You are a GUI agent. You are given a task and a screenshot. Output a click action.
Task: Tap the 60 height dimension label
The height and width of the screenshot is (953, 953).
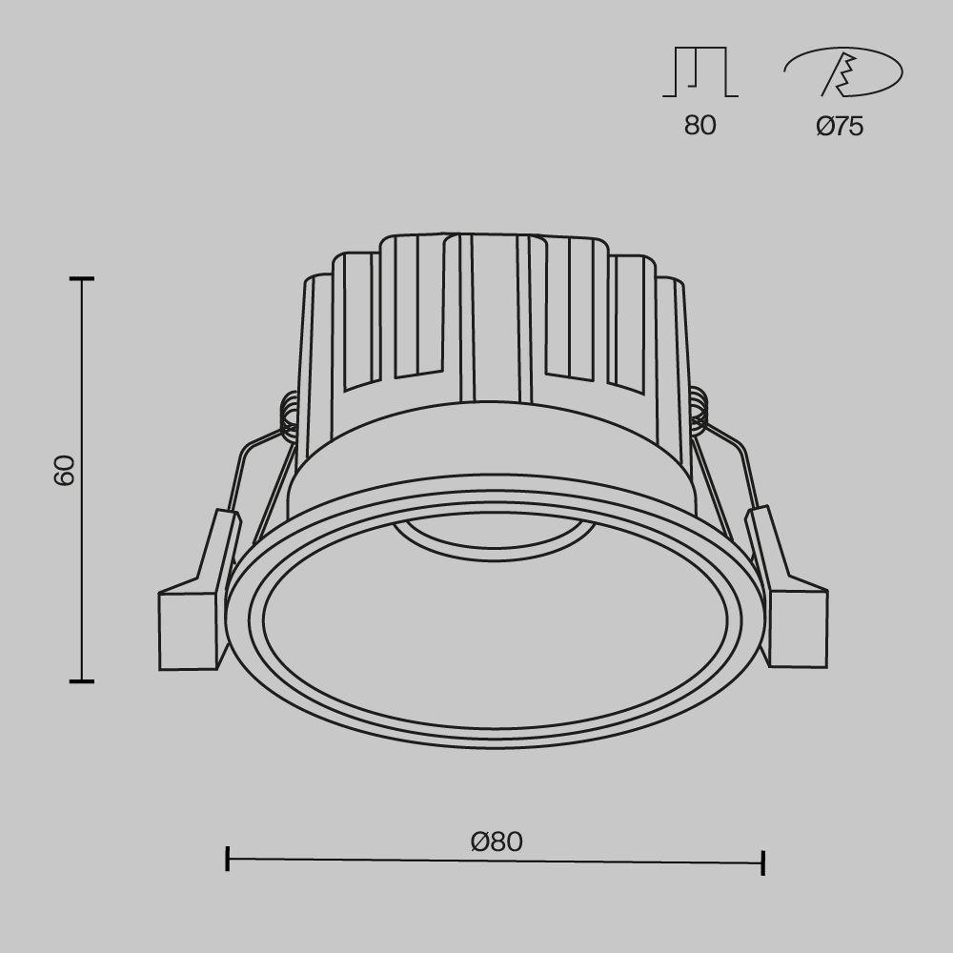[x=64, y=470]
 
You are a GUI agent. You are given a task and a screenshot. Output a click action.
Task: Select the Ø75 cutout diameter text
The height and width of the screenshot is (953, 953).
[x=840, y=127]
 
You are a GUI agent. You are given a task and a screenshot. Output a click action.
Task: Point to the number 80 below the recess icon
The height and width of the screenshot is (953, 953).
[x=700, y=126]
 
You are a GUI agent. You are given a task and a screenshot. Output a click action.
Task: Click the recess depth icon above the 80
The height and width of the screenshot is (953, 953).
[x=700, y=73]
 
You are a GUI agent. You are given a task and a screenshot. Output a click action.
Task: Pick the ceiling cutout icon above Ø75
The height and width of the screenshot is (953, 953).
[x=842, y=73]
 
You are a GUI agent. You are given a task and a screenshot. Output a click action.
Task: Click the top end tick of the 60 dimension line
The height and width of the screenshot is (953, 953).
[x=82, y=279]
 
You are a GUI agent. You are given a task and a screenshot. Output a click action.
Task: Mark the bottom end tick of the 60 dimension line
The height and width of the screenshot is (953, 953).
[x=82, y=680]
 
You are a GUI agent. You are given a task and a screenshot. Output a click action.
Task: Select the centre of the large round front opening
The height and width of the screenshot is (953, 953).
[x=494, y=624]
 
